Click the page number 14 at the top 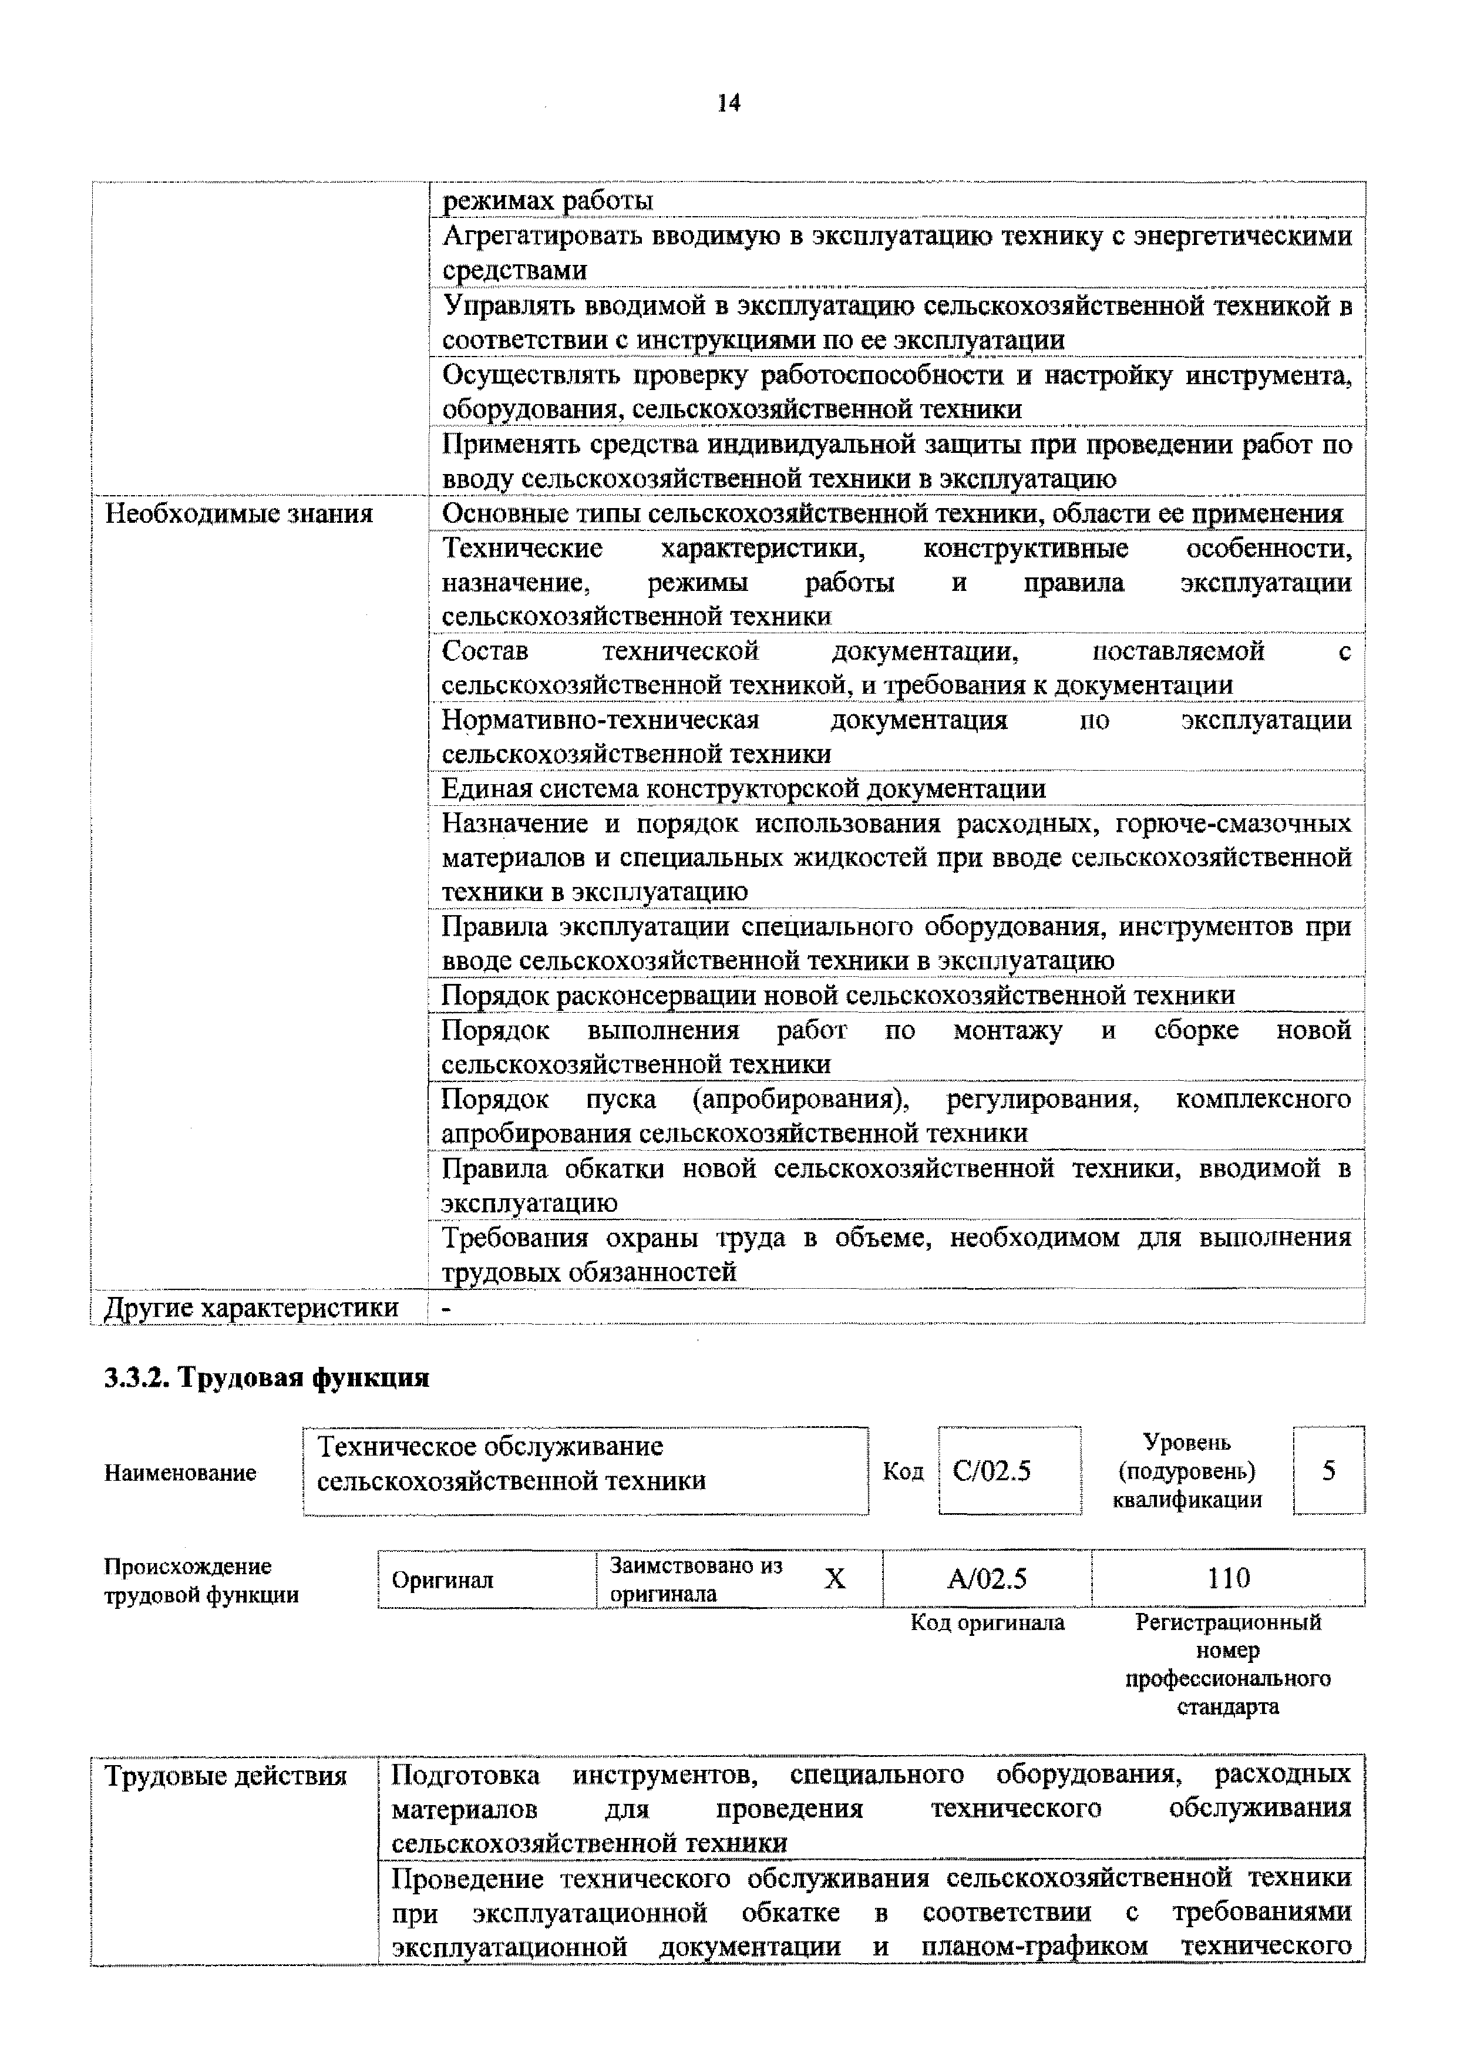(728, 104)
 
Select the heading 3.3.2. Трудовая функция (267, 1378)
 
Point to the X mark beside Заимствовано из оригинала (835, 1579)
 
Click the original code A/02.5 (987, 1578)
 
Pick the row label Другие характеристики (251, 1307)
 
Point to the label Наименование (180, 1473)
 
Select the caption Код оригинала (987, 1622)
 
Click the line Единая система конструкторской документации (743, 789)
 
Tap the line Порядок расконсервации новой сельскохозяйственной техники (838, 995)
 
